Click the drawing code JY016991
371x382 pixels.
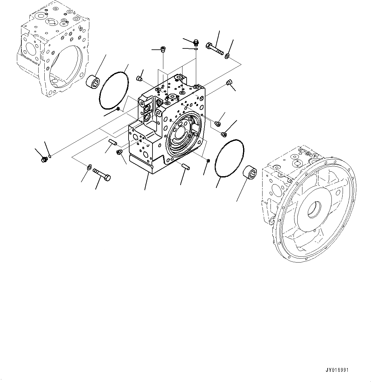(x=337, y=370)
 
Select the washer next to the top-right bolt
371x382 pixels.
(x=227, y=57)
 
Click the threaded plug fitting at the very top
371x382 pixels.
(x=196, y=42)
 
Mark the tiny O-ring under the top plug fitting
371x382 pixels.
(x=196, y=49)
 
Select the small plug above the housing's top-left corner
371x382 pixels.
(x=139, y=78)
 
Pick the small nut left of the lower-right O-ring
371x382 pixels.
(x=208, y=160)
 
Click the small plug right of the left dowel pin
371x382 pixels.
(x=120, y=152)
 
